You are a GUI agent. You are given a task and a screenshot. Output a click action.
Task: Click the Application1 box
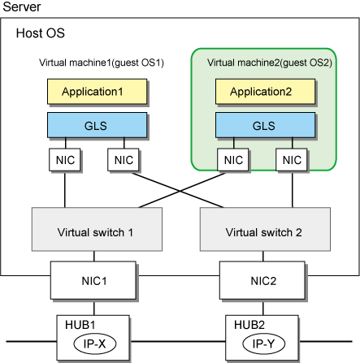click(98, 92)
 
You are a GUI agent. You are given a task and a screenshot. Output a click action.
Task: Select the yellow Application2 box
click(266, 92)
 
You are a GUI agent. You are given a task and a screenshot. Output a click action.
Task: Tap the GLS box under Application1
click(98, 125)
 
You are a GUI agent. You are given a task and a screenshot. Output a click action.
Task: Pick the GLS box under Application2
click(266, 125)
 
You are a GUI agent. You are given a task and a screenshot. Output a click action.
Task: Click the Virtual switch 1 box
click(97, 229)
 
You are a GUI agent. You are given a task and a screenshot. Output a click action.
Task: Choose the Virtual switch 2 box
click(265, 229)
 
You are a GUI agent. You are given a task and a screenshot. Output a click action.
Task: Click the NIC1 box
click(93, 280)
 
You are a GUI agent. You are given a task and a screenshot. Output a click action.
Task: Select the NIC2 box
click(262, 280)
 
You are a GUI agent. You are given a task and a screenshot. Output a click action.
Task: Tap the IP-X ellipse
click(95, 344)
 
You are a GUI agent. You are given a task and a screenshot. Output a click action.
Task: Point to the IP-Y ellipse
click(264, 344)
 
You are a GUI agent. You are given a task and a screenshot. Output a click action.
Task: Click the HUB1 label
click(80, 325)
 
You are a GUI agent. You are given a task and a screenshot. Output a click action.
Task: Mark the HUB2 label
click(249, 325)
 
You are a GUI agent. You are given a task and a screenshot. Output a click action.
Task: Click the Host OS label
click(41, 33)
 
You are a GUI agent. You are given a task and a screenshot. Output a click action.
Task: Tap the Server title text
click(22, 6)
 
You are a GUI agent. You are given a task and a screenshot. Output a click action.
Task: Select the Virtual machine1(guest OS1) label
click(102, 63)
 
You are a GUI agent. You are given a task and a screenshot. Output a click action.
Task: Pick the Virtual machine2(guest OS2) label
click(270, 63)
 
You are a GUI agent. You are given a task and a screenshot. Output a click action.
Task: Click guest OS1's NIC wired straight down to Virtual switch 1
click(65, 160)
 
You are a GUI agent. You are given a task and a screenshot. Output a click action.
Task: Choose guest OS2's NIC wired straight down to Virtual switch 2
click(292, 160)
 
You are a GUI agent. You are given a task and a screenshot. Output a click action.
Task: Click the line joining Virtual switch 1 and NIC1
click(94, 256)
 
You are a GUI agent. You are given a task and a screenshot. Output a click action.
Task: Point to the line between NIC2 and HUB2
click(263, 307)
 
